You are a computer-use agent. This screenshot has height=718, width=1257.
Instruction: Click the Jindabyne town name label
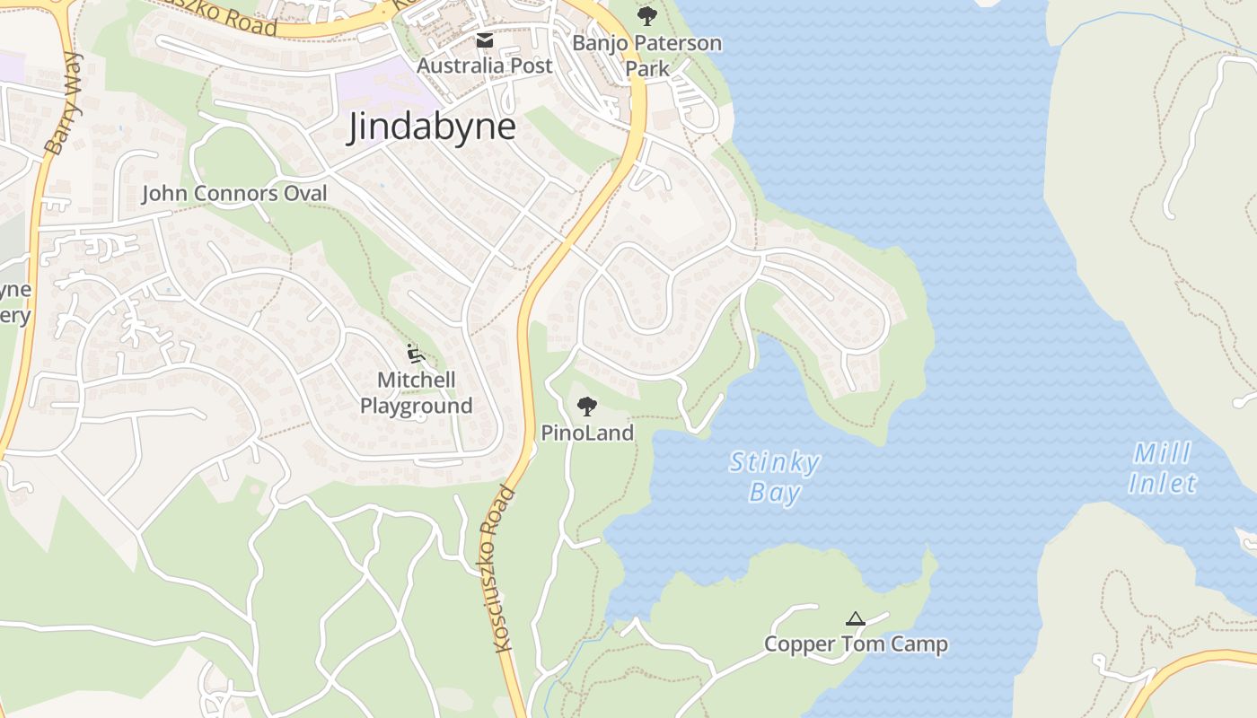[x=432, y=127]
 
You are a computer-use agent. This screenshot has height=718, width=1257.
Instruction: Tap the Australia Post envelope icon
[x=485, y=40]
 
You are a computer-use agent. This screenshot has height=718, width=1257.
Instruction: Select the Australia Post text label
[x=485, y=66]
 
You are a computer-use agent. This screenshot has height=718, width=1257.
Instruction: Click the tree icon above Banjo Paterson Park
[x=646, y=16]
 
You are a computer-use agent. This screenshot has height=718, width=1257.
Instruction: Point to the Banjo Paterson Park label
[x=646, y=55]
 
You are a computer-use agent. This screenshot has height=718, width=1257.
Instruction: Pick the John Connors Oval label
[x=234, y=193]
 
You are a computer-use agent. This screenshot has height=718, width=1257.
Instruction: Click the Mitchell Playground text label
[x=416, y=393]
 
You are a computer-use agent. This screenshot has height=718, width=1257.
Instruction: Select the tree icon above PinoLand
[x=587, y=407]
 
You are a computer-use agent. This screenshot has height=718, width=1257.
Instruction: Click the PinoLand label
[x=587, y=433]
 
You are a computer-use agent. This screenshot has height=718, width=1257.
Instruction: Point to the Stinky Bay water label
[x=774, y=477]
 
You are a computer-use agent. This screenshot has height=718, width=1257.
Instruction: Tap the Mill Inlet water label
[x=1163, y=468]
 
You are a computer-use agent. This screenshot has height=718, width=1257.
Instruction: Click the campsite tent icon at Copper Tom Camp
[x=855, y=618]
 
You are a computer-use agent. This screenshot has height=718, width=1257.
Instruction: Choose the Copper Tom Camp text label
[x=856, y=644]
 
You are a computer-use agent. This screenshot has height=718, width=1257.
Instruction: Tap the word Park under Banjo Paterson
[x=647, y=68]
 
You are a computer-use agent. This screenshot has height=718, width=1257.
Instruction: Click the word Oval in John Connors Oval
[x=304, y=193]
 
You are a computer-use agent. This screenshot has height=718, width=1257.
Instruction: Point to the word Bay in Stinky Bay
[x=775, y=493]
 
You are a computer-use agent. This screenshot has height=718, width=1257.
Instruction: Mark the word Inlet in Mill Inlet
[x=1163, y=484]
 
